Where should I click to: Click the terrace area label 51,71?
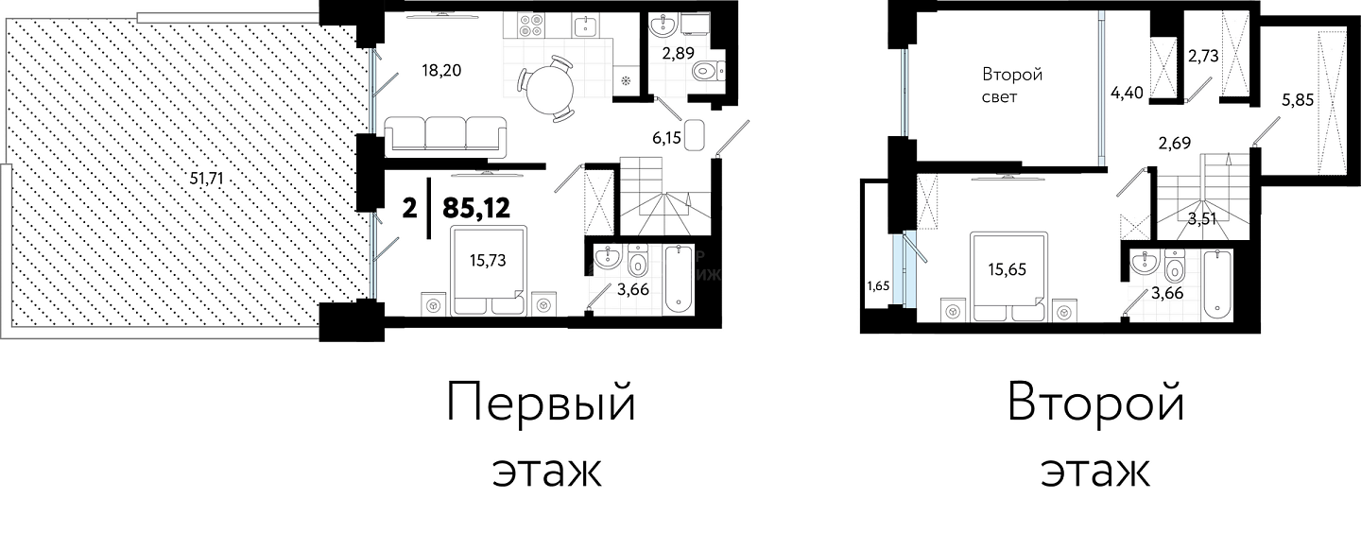(207, 178)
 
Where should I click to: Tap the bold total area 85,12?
(476, 209)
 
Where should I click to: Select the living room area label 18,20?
(441, 71)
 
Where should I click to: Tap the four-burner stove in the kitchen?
(531, 26)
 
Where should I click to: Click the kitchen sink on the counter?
(585, 26)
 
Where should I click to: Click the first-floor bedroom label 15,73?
(488, 260)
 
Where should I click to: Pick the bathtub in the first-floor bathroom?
(679, 279)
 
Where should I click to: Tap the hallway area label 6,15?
(666, 138)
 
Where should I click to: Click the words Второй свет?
(1012, 85)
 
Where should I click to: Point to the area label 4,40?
(1127, 93)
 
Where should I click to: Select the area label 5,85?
(1297, 99)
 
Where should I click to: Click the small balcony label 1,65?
(879, 286)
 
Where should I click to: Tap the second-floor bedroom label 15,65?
(1007, 269)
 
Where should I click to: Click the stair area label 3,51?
(1202, 219)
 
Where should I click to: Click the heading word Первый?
(541, 403)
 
